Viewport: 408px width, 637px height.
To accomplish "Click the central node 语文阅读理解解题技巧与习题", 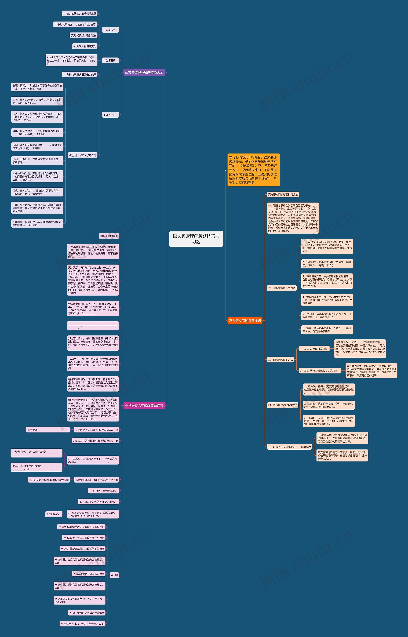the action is click(196, 239).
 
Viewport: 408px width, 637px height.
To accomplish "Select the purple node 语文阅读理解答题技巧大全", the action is click(144, 72).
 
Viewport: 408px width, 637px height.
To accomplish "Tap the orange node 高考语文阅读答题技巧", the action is click(245, 321).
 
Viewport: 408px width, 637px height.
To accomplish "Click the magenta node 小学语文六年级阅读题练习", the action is click(144, 405).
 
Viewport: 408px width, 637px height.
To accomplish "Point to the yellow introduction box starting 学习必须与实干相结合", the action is click(254, 170).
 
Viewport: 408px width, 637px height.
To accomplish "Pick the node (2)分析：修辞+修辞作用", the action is click(83, 155).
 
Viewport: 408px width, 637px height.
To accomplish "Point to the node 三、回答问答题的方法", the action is click(280, 360).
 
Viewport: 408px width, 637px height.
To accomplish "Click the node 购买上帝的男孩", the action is click(109, 236).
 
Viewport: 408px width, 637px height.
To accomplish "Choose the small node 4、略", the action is click(114, 575).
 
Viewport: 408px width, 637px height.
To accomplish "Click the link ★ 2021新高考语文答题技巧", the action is click(89, 574).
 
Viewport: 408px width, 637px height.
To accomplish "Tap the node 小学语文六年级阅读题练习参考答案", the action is click(49, 480).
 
